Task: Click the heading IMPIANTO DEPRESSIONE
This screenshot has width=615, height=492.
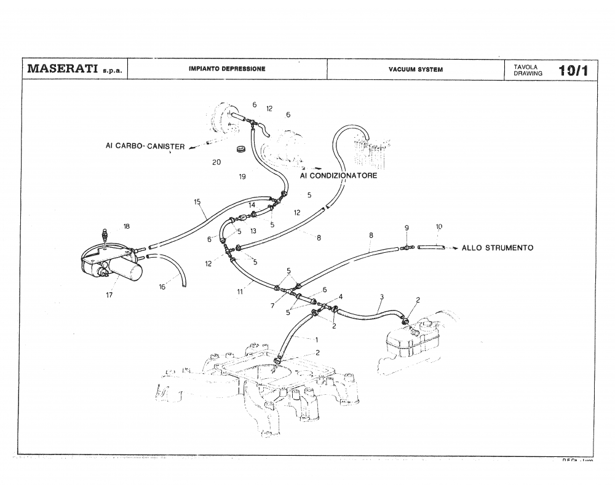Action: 227,69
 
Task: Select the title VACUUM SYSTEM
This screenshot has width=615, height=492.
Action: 415,69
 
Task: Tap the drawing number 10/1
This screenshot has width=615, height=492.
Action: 573,70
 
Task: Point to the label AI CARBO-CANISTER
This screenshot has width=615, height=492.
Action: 145,146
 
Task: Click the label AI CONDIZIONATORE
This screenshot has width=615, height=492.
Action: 338,175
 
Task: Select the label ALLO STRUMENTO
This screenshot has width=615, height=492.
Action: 497,248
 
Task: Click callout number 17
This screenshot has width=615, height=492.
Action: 109,295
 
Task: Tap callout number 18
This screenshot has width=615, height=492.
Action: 126,226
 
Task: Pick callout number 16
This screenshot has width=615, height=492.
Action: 162,287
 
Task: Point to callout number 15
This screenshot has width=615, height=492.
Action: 197,202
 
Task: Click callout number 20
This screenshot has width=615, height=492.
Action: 216,162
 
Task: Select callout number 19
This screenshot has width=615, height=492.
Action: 242,177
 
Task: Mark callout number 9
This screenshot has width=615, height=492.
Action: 407,228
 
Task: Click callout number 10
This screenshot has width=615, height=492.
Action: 438,227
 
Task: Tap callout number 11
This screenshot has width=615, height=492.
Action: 240,292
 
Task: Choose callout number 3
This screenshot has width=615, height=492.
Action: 381,297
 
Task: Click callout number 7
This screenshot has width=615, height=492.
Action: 272,306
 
